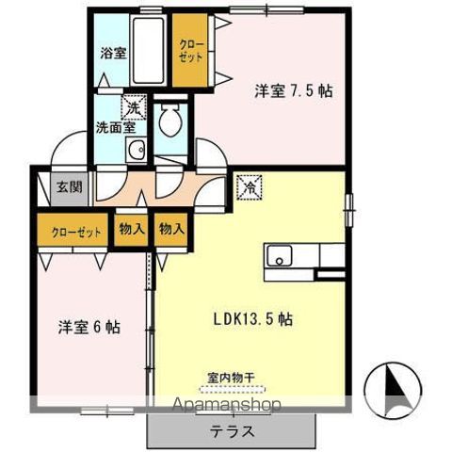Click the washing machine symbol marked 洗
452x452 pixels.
137,108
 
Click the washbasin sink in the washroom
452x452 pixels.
137,149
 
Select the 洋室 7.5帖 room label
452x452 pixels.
292,92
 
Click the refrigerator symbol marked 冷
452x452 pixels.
251,186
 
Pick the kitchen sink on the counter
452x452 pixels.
280,255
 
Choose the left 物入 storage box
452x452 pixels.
131,230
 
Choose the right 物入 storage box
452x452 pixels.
170,230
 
